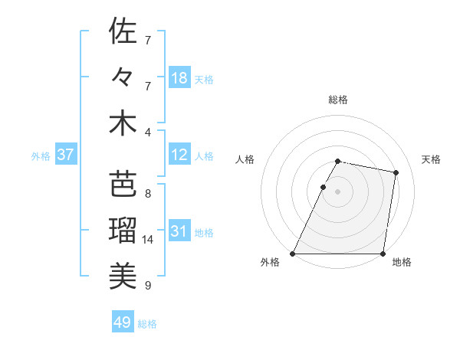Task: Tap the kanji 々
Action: [x=123, y=77]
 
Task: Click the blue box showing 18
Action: [x=179, y=78]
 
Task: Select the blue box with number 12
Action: [x=179, y=155]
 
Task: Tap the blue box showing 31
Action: [x=179, y=232]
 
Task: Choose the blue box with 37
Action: [x=66, y=155]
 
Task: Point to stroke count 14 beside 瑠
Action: [x=149, y=240]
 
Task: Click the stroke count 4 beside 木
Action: [x=147, y=133]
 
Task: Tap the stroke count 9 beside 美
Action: [x=147, y=286]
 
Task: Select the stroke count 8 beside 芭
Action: [x=147, y=194]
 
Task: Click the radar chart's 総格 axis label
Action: [x=338, y=100]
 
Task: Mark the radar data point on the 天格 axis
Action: [x=396, y=173]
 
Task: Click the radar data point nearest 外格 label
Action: [x=293, y=254]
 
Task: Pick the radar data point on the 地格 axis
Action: [x=383, y=254]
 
